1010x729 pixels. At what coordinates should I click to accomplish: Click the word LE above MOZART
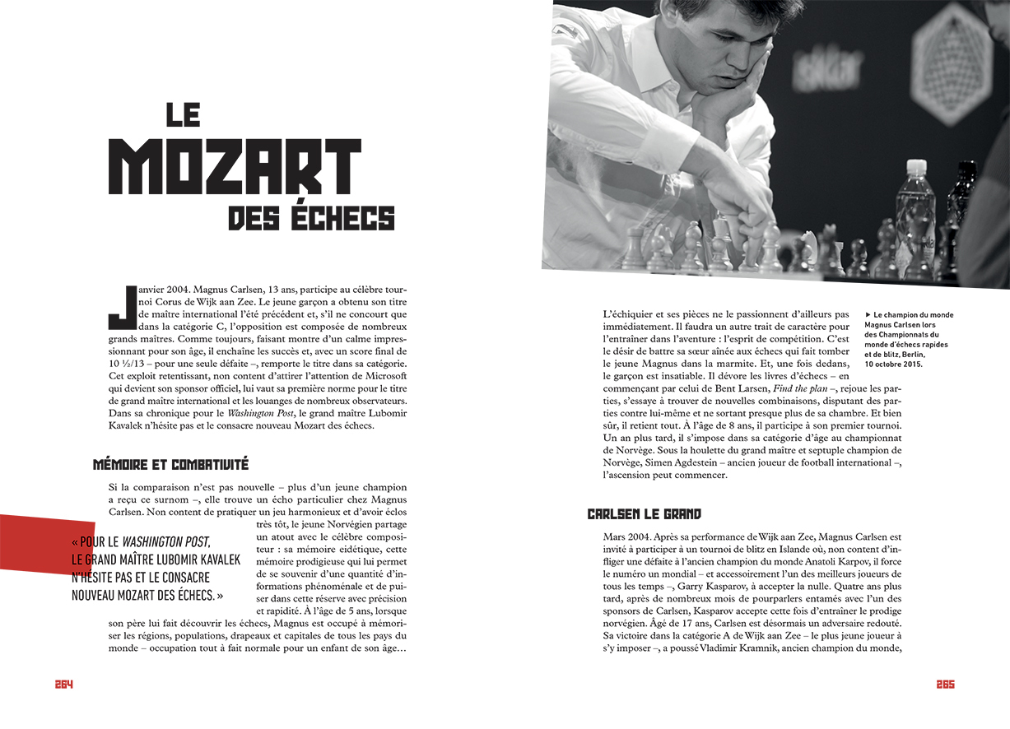(x=183, y=114)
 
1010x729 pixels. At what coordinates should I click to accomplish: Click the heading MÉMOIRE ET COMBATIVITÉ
(x=170, y=465)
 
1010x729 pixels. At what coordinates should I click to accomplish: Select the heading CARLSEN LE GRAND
(x=644, y=514)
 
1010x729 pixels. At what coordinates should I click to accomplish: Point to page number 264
(x=64, y=685)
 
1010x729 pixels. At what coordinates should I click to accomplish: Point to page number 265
(x=945, y=685)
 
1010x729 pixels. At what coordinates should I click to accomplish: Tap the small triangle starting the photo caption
(x=868, y=314)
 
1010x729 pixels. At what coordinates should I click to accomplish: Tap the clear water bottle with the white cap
(x=915, y=214)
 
